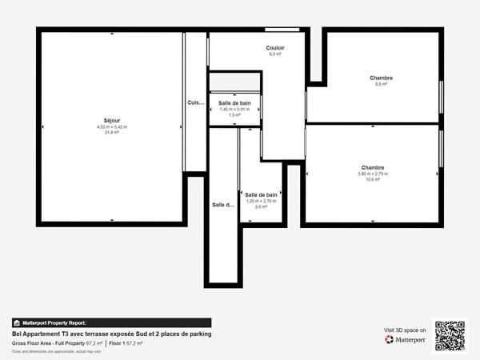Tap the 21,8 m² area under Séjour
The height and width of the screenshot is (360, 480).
point(112,133)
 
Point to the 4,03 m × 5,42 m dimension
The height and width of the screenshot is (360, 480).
point(112,127)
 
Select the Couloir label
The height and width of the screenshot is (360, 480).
point(275,48)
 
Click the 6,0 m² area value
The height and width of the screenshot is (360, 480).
point(275,54)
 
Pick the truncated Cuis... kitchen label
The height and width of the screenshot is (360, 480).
point(196,102)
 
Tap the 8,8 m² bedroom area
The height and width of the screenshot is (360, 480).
point(381,84)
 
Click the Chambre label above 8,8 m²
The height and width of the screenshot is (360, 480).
point(381,78)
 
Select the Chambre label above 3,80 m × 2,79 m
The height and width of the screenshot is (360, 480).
point(372,168)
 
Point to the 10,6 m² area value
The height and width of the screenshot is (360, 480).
point(372,180)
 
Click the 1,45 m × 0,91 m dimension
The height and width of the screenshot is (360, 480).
point(234,109)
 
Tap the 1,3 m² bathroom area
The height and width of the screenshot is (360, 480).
point(234,115)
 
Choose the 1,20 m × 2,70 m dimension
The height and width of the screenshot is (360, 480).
point(261,201)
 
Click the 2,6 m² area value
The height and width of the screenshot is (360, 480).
point(261,207)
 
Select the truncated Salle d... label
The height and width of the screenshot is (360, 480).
point(223,205)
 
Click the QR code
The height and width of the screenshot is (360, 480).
point(449,335)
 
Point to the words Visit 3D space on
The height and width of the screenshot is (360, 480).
point(405,330)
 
